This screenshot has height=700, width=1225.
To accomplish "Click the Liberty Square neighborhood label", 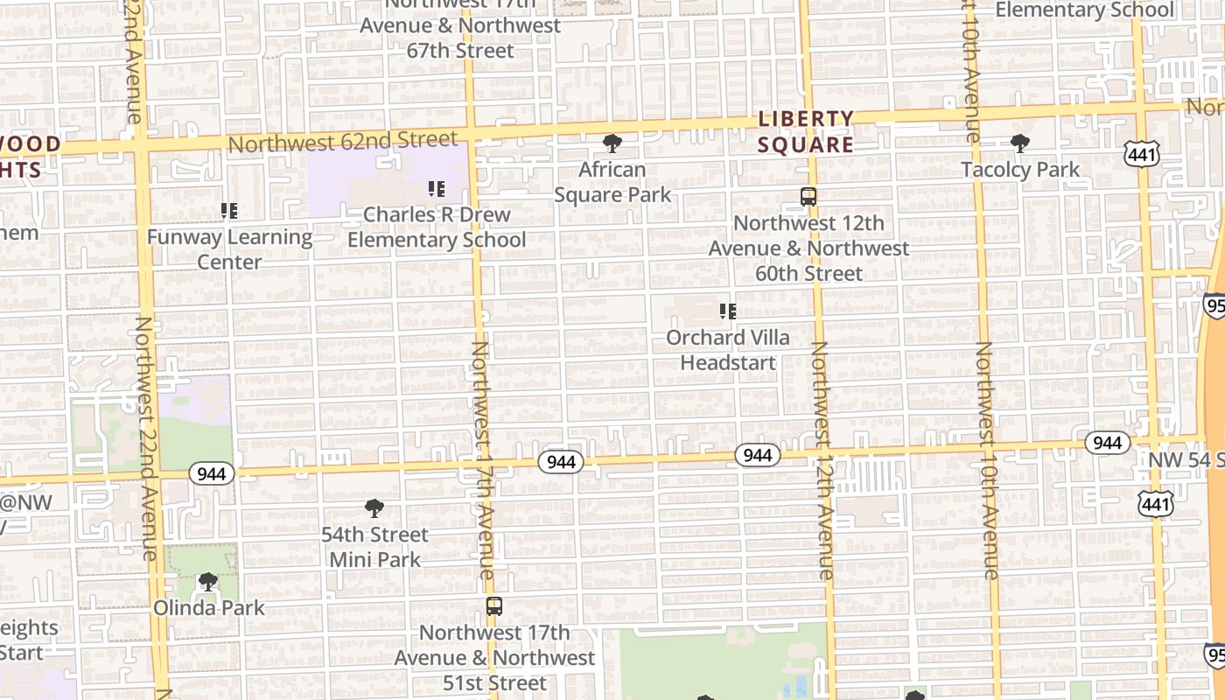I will coord(805,131).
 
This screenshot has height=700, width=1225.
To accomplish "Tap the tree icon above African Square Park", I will coord(612,143).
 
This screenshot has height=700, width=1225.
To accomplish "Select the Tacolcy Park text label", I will coord(1020,170).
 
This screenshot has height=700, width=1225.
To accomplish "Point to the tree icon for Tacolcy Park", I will coord(1019,143).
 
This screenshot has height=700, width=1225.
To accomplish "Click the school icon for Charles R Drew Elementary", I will coord(436,188).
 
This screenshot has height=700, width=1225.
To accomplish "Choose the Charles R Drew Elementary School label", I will coord(437,227).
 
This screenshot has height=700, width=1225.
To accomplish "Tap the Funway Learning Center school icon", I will coord(229,211).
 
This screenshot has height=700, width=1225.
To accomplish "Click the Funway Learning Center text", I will coord(229,249).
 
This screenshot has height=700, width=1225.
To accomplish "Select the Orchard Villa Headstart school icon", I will coord(727,311).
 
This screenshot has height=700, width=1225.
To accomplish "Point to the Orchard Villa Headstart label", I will coord(728,350).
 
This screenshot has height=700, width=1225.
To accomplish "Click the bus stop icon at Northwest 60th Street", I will coord(808,197).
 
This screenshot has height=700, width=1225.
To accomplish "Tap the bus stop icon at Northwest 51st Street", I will coord(494,605).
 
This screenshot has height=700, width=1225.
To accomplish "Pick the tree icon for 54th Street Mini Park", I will coord(374,508).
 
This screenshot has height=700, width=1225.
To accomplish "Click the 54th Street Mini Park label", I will coord(374,547).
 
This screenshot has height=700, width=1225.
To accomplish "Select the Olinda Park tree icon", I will coord(208,582).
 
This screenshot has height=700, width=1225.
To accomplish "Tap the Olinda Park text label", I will coord(208,607).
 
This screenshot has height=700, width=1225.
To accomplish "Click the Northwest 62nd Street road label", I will coord(342,141).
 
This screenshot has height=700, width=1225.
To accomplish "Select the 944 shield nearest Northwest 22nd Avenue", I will coord(211,474).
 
